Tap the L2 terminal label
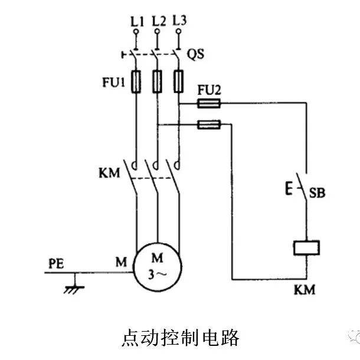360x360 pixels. click(158, 22)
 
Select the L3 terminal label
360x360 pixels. click(180, 21)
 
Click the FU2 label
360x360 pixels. click(210, 91)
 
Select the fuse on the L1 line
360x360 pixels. click(136, 82)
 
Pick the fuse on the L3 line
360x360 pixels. click(178, 82)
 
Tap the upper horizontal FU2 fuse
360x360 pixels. click(208, 104)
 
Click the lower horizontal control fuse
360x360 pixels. click(208, 124)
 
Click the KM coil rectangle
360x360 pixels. click(306, 248)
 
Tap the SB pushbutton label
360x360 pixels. click(318, 193)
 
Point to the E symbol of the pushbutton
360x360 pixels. click(289, 190)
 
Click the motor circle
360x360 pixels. click(158, 266)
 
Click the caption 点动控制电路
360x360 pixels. click(180, 338)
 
